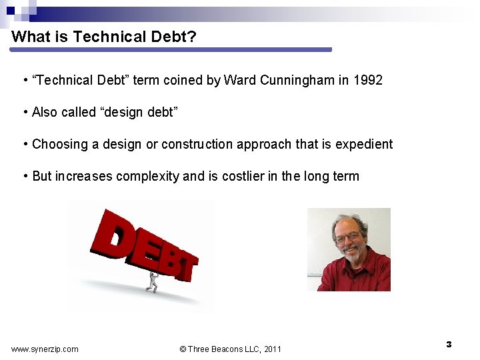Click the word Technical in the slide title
[x=104, y=37]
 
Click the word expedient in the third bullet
[x=364, y=144]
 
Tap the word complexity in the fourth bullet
[x=147, y=176]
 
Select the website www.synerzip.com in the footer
[x=45, y=349]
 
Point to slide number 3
[x=449, y=344]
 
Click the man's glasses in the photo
[x=347, y=237]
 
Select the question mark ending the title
[x=192, y=37]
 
